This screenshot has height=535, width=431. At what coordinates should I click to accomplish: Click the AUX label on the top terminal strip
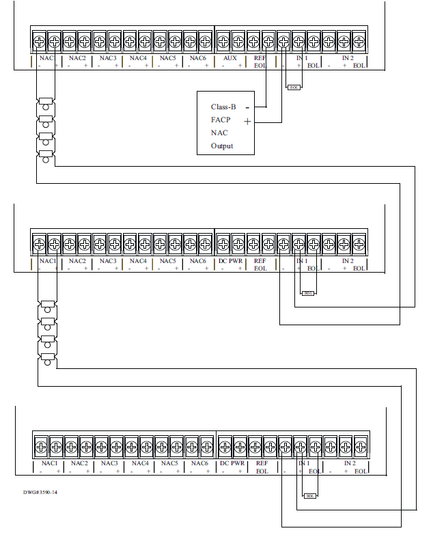click(230, 58)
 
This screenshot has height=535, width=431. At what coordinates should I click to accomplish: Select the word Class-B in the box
click(223, 107)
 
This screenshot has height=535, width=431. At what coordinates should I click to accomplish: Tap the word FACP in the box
click(221, 120)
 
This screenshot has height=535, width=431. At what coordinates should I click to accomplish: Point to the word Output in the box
click(222, 146)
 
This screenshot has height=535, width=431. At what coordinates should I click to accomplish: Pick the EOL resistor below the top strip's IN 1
click(294, 87)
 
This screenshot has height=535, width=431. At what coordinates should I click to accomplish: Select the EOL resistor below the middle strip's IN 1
click(307, 292)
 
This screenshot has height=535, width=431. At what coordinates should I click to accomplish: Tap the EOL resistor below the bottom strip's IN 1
click(309, 495)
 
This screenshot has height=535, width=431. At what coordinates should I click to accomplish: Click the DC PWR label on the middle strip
click(230, 261)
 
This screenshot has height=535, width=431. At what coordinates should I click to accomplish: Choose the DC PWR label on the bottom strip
click(232, 463)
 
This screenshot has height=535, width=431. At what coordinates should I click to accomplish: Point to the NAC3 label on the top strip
click(108, 58)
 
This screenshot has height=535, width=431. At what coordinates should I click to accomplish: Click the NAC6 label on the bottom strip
click(199, 463)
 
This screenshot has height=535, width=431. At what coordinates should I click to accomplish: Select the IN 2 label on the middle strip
click(347, 261)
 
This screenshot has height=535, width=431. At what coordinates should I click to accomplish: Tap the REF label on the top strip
click(260, 58)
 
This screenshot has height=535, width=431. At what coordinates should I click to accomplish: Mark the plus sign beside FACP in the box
click(247, 121)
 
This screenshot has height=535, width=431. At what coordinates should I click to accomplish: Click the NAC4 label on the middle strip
click(138, 261)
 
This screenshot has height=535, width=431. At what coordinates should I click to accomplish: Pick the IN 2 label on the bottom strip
click(349, 463)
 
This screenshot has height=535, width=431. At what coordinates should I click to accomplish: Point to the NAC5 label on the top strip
click(168, 58)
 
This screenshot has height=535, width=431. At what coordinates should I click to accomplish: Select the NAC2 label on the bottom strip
click(79, 463)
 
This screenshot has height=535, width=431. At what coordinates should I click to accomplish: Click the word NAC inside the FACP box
click(219, 133)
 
